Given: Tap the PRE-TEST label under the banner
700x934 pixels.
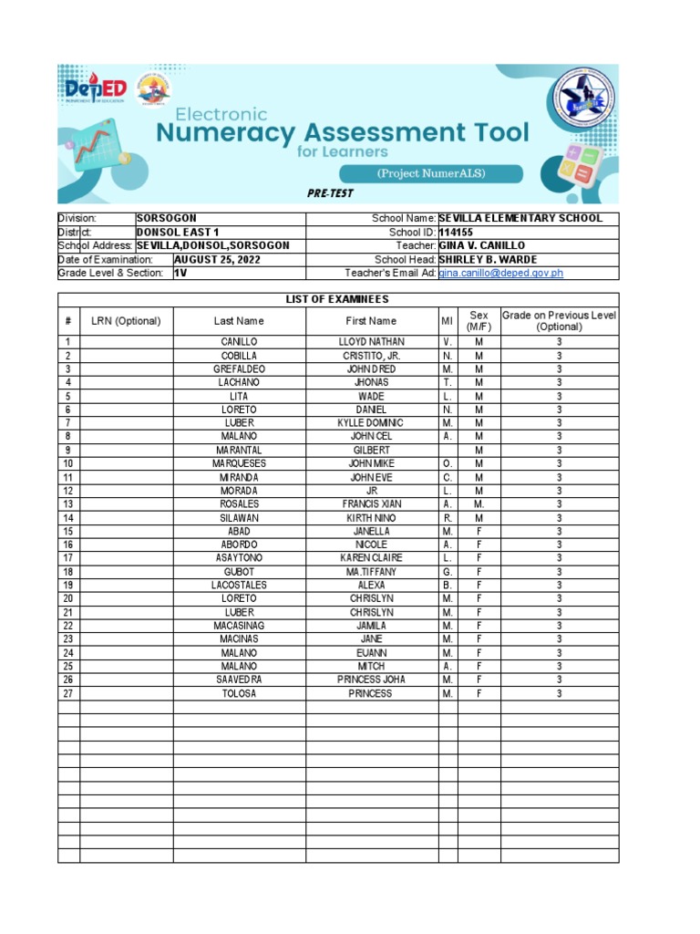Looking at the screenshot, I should (329, 193).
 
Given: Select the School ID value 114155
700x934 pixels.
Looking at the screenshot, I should (457, 233).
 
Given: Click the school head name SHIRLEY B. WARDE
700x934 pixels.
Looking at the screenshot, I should (488, 260).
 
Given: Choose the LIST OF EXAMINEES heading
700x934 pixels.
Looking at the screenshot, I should (337, 299).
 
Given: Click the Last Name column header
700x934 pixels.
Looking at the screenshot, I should (239, 321).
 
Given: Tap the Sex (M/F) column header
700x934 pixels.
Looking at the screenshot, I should (479, 320).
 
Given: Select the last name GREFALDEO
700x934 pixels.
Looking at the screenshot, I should (239, 369).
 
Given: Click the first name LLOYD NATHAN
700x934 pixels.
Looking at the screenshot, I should (371, 342).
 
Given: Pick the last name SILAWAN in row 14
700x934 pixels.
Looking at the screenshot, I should (239, 518).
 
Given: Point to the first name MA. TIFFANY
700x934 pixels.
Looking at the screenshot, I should (371, 572).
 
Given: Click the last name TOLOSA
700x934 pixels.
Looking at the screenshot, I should (239, 694).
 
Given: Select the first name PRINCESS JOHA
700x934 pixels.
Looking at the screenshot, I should (371, 680).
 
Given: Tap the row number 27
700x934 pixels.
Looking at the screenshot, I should (68, 694).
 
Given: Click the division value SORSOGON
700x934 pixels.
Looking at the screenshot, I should (166, 219).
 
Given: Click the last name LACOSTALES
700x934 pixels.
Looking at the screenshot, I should (239, 586).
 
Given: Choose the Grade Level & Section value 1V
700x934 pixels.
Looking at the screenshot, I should (180, 273).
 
